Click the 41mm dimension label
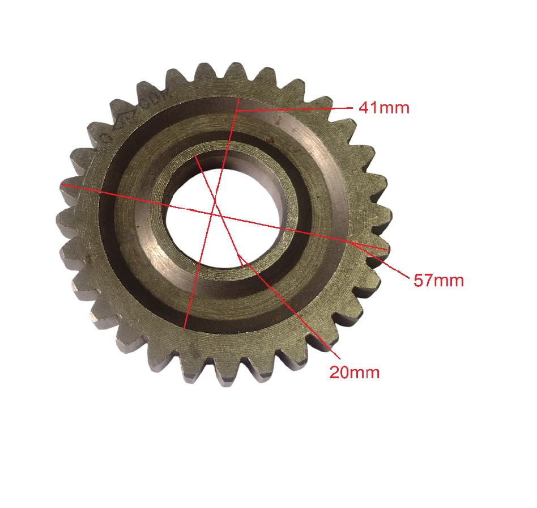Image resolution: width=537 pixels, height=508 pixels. point(383,108)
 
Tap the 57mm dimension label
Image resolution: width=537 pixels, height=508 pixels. point(438,280)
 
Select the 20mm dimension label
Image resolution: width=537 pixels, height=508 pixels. point(355,372)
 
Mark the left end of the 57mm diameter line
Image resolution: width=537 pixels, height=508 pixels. point(61,184)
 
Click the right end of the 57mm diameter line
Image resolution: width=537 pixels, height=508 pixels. point(390,249)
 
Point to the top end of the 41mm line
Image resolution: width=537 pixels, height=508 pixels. point(238,97)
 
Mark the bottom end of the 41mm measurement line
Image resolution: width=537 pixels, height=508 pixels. point(185,328)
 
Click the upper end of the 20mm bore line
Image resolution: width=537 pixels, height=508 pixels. point(194,154)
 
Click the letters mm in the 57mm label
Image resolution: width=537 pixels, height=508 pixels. point(450,280)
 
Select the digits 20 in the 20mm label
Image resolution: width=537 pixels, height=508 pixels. point(340,372)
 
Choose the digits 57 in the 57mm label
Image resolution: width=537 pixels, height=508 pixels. point(424,280)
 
